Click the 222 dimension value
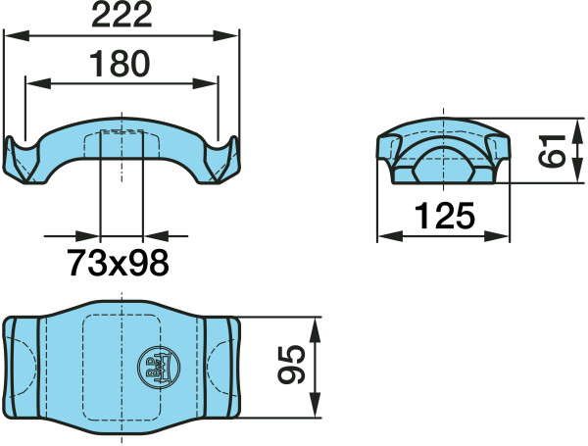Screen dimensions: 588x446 point(122,16)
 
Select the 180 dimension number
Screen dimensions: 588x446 point(120,64)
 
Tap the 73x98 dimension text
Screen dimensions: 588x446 point(118,263)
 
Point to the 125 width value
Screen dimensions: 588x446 point(445,216)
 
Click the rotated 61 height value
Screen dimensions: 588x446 point(552,151)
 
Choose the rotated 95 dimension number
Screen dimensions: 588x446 point(291,365)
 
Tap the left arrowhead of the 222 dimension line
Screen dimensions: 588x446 point(16,36)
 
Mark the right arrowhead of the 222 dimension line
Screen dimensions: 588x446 point(225,36)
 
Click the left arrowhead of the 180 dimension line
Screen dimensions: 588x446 point(38,84)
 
